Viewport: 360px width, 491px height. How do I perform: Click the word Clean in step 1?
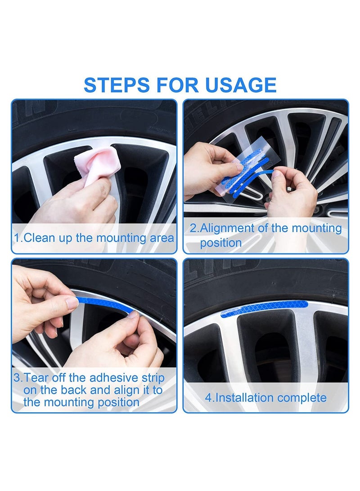[x=38, y=238]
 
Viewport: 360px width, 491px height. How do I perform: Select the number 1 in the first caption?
[x=17, y=238]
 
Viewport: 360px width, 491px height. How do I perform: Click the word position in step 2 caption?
[x=221, y=243]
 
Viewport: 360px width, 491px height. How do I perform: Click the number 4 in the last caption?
[x=208, y=398]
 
